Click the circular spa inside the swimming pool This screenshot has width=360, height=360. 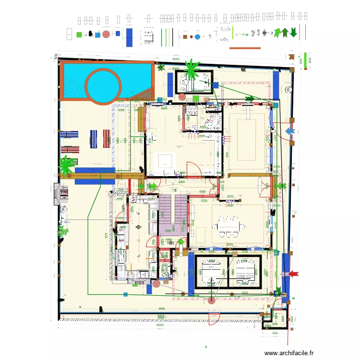(x=103, y=85)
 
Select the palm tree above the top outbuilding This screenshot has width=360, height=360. (x=192, y=69)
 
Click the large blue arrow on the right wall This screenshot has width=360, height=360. (x=291, y=131)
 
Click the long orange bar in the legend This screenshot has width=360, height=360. (x=245, y=48)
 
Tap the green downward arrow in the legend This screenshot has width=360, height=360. (x=293, y=33)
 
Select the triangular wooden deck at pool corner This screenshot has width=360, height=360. (x=144, y=94)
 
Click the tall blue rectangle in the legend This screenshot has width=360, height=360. (x=129, y=37)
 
